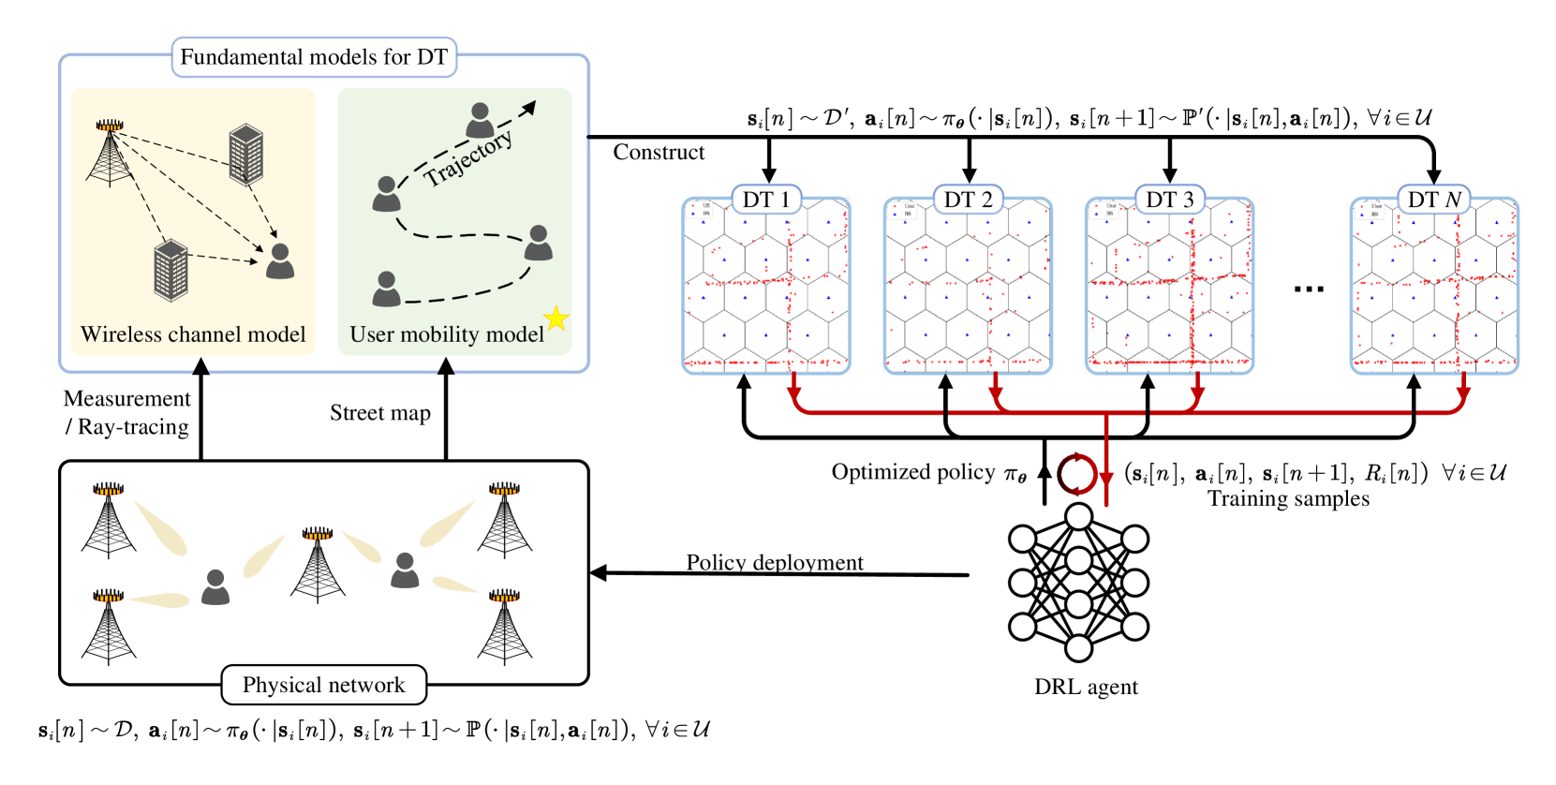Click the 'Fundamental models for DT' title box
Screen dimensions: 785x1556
click(x=314, y=57)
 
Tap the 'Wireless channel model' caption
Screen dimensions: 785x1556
click(x=193, y=334)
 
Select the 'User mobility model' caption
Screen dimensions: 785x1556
click(x=447, y=334)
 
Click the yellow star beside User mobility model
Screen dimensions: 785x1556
click(x=556, y=318)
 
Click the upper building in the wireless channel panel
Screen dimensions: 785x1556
click(x=246, y=155)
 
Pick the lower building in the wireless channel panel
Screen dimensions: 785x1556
click(x=171, y=271)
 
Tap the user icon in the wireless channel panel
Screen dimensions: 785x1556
click(x=280, y=261)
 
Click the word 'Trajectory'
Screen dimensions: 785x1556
click(x=467, y=157)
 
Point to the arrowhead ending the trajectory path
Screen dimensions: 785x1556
click(x=529, y=108)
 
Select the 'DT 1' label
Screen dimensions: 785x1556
click(x=765, y=200)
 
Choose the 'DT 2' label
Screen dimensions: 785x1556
click(x=968, y=200)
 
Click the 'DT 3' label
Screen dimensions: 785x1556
click(x=1169, y=200)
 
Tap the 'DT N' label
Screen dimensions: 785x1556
click(x=1434, y=200)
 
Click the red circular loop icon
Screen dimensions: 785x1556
click(x=1076, y=475)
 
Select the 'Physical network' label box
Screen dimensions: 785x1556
click(x=324, y=685)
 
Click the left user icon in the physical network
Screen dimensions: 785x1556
click(x=215, y=587)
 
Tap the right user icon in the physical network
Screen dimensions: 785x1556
click(x=405, y=570)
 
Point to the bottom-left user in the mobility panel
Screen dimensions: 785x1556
click(x=386, y=289)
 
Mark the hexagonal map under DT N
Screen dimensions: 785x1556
click(x=1434, y=290)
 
